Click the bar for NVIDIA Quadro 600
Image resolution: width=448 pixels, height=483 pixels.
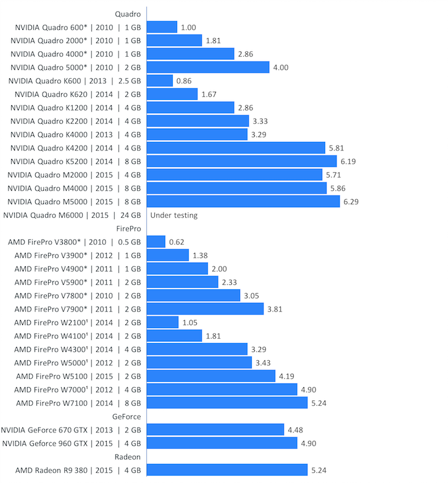(x=162, y=27)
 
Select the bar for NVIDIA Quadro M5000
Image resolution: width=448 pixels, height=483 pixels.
(x=243, y=202)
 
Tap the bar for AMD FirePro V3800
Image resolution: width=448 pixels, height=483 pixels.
(x=156, y=242)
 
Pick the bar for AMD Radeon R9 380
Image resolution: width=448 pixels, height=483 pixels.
(x=227, y=470)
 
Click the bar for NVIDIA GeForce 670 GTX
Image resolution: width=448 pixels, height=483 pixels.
(x=215, y=430)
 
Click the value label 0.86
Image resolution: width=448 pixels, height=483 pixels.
(x=184, y=81)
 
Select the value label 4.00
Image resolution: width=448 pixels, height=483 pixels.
(x=281, y=67)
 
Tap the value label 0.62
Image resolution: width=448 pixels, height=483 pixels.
(x=176, y=242)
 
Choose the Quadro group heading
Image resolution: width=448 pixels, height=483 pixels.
(x=128, y=14)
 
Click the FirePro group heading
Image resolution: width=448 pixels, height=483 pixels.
(x=128, y=228)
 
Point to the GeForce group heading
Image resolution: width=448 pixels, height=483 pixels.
(x=127, y=416)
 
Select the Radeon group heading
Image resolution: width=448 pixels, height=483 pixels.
(x=128, y=457)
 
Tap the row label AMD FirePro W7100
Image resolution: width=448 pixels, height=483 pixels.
(x=78, y=403)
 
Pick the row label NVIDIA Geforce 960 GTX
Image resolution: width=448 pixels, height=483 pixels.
(x=72, y=444)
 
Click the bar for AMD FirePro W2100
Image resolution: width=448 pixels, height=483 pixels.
(x=163, y=322)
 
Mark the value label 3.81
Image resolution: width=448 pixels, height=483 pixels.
(x=275, y=309)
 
